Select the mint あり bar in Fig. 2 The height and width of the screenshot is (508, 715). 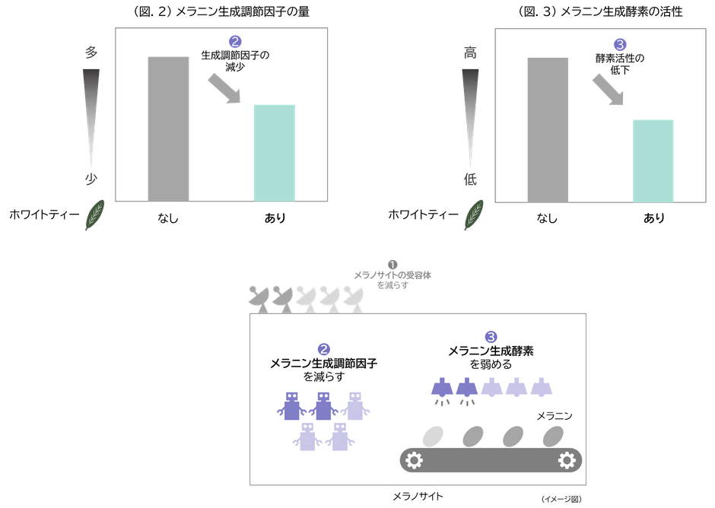click(274, 152)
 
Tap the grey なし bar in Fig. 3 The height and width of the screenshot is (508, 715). click(547, 129)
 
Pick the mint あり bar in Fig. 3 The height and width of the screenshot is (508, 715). click(653, 160)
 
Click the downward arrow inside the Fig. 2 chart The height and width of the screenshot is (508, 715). click(226, 89)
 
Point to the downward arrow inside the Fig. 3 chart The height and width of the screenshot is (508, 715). click(609, 90)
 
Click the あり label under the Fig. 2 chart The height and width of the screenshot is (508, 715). click(275, 218)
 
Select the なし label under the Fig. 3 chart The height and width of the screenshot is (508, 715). click(547, 218)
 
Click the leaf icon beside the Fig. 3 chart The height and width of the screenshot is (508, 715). click(475, 214)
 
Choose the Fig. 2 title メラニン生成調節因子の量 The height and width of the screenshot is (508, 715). click(221, 11)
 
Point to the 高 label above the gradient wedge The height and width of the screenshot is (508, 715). click(470, 52)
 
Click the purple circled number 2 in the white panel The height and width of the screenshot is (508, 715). click(323, 349)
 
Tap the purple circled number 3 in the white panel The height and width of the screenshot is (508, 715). click(491, 336)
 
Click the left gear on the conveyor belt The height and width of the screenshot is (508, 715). click(414, 460)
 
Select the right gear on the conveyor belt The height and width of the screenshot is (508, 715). click(567, 460)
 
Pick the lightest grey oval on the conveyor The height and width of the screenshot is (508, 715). click(433, 436)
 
